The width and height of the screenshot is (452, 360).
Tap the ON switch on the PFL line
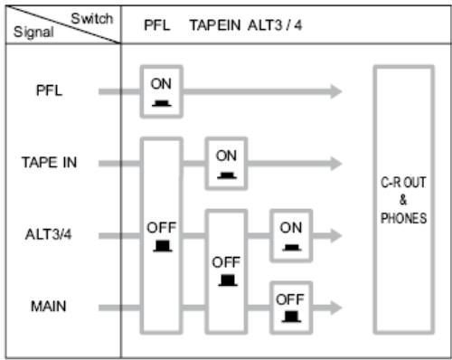(x=161, y=90)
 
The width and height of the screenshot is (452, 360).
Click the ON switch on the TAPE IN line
(x=226, y=164)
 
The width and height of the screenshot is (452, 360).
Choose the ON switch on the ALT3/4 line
(x=291, y=236)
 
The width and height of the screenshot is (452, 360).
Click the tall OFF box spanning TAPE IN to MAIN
(x=161, y=236)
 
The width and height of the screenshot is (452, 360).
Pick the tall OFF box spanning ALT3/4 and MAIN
(x=226, y=271)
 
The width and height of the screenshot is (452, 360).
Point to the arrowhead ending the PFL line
(x=336, y=91)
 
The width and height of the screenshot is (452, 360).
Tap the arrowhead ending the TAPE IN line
(x=336, y=164)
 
